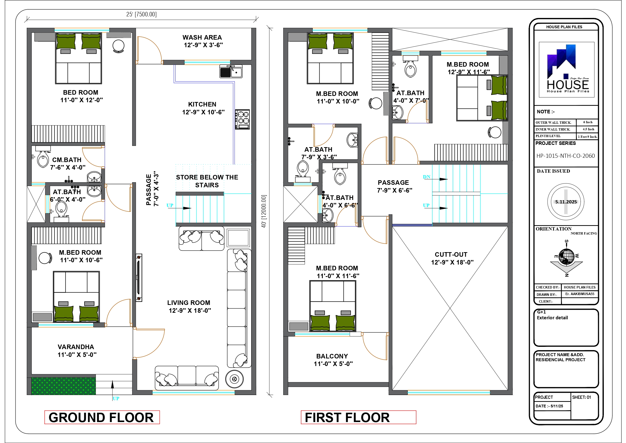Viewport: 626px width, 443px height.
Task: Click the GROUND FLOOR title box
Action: pyautogui.click(x=102, y=417)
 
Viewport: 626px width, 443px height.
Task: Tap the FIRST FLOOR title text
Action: pyautogui.click(x=347, y=417)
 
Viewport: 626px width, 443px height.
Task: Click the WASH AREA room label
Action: pyautogui.click(x=202, y=41)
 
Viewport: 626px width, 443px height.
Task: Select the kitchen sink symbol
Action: pyautogui.click(x=231, y=72)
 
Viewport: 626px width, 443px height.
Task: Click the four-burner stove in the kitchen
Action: pyautogui.click(x=242, y=119)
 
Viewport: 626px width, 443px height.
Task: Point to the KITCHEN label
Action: pyautogui.click(x=202, y=108)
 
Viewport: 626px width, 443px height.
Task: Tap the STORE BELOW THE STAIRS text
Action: pyautogui.click(x=207, y=181)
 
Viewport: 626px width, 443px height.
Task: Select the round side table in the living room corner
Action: pyautogui.click(x=234, y=379)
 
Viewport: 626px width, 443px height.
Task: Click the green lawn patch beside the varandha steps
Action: pyautogui.click(x=63, y=386)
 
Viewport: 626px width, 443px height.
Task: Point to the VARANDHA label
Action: pyautogui.click(x=76, y=350)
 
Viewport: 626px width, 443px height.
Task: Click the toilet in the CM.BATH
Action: pyautogui.click(x=43, y=160)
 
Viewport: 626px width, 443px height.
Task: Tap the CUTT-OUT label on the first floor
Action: pyautogui.click(x=451, y=258)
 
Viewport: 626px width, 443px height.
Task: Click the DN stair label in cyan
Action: pyautogui.click(x=426, y=177)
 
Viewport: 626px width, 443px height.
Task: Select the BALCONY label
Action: pyautogui.click(x=332, y=360)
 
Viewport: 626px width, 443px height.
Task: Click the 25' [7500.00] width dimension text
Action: pyautogui.click(x=141, y=14)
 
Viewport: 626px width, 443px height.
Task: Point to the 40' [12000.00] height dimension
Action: pyautogui.click(x=264, y=211)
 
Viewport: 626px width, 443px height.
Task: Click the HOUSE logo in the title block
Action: pyautogui.click(x=566, y=69)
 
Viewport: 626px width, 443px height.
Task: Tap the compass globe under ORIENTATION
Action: pyautogui.click(x=566, y=256)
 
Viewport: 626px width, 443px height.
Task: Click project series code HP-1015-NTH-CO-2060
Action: pyautogui.click(x=565, y=156)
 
